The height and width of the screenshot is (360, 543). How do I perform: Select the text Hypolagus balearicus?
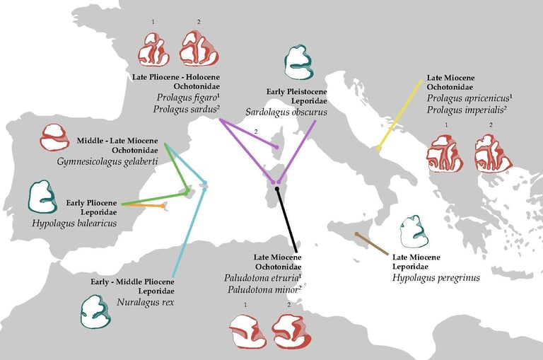[x=74, y=223]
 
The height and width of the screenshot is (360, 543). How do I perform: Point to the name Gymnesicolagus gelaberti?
[x=106, y=161]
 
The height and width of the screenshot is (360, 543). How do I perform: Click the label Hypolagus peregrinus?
[x=436, y=278]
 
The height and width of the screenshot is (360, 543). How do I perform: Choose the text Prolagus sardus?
[x=185, y=109]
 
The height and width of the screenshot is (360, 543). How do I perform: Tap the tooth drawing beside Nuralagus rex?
[x=95, y=311]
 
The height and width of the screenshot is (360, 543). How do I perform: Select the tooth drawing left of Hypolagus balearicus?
[x=42, y=197]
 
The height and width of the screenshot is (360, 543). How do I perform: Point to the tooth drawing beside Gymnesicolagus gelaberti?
[x=54, y=137]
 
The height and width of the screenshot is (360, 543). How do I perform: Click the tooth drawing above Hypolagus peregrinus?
[x=414, y=232]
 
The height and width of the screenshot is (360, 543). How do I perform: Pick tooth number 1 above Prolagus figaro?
[x=153, y=50]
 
